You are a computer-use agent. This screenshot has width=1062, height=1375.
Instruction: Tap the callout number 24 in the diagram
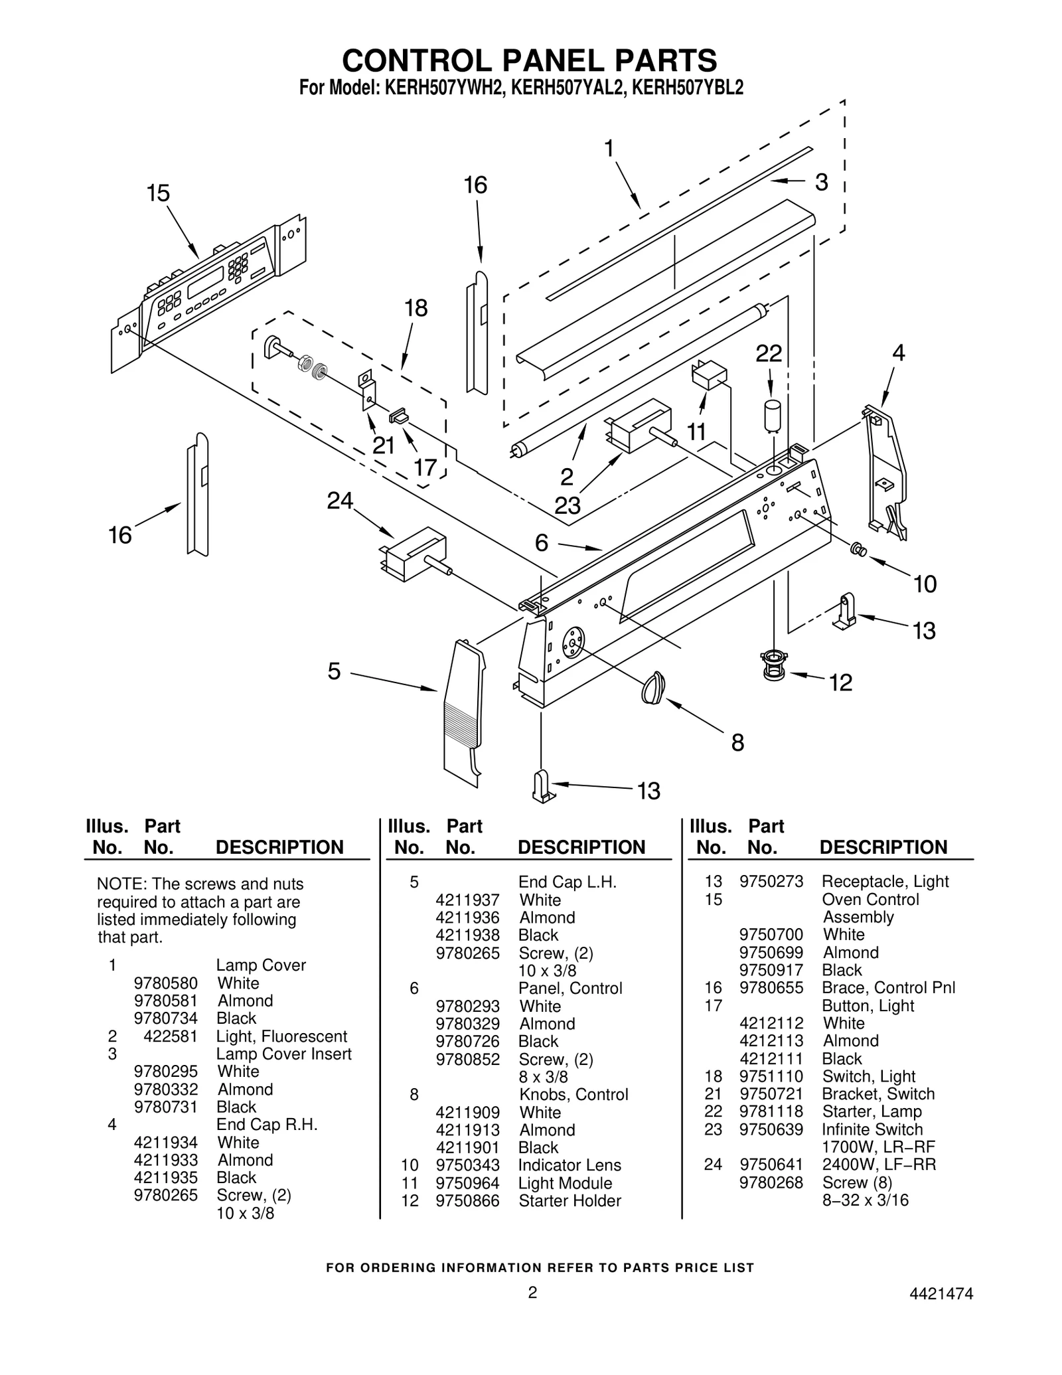[340, 501]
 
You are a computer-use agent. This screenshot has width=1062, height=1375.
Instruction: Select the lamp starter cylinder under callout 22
[773, 416]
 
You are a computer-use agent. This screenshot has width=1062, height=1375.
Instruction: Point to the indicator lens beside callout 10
[858, 549]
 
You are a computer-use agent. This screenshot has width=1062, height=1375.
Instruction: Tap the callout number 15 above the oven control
[158, 193]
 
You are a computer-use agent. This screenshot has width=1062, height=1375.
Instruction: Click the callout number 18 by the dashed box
[416, 308]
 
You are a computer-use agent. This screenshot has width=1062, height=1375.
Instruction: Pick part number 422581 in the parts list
[171, 1036]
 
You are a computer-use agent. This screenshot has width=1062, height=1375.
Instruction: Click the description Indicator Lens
[569, 1165]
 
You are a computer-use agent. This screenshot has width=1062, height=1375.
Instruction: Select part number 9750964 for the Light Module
[467, 1183]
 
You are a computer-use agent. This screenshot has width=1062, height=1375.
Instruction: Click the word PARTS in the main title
[666, 60]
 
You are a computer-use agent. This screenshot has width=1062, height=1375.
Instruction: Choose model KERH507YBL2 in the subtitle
[688, 88]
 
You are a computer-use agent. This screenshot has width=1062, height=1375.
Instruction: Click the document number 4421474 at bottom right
[941, 1293]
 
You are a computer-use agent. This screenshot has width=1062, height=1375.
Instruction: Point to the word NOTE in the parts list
[119, 884]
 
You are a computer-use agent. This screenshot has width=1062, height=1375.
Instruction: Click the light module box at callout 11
[708, 375]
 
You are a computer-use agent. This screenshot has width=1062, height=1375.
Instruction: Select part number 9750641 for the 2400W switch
[771, 1165]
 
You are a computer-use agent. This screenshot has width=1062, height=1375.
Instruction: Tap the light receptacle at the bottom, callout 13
[543, 787]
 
